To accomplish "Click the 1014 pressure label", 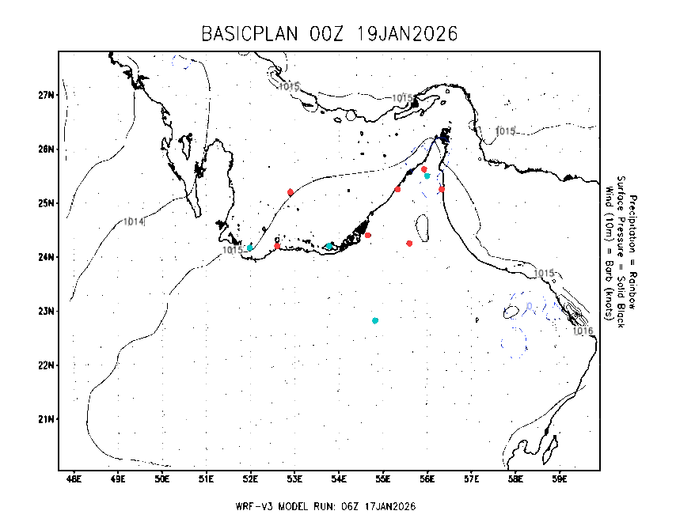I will click(133, 221).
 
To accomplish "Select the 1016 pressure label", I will click(583, 331).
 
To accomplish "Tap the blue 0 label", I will click(530, 306).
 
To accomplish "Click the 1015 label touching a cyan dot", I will click(232, 250).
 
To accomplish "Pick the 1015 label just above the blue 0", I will click(543, 273).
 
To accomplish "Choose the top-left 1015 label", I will click(289, 86).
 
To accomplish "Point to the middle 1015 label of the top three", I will click(402, 98).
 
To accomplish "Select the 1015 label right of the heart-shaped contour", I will click(504, 131).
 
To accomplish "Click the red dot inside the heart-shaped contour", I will click(424, 169).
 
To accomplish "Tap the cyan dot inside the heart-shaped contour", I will click(427, 176).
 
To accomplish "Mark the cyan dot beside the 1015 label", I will click(249, 248).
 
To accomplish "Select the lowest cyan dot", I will click(375, 320).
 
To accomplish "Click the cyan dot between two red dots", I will click(329, 246).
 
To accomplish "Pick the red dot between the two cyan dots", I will click(277, 246).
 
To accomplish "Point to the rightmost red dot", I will click(442, 189).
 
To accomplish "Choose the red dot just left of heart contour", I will click(397, 189).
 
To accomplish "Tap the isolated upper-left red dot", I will click(291, 192).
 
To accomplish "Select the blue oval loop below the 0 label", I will click(514, 342).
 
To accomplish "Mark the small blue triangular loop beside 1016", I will click(553, 311).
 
